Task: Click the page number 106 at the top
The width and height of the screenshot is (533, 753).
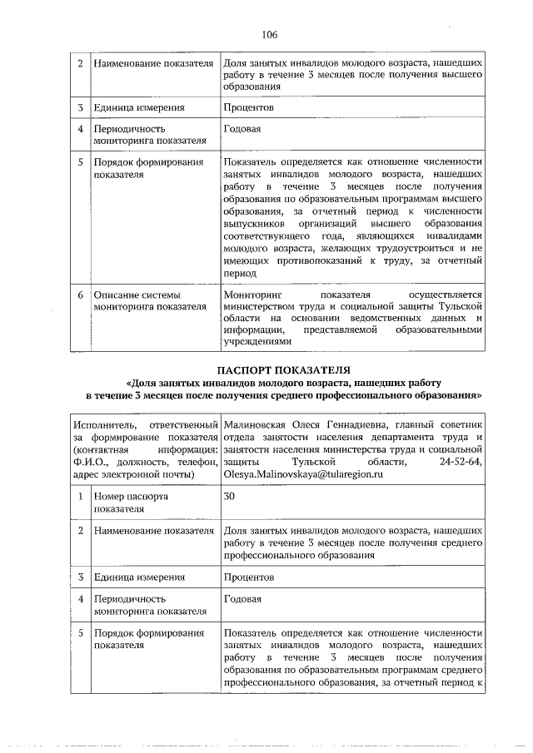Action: (268, 34)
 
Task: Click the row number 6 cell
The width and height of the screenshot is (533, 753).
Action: (80, 295)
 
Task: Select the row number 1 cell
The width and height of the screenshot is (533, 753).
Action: (80, 496)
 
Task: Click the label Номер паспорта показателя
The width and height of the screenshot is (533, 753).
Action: (131, 503)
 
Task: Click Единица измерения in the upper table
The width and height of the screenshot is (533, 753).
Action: (139, 107)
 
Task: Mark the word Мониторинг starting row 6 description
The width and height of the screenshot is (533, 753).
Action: (254, 295)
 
